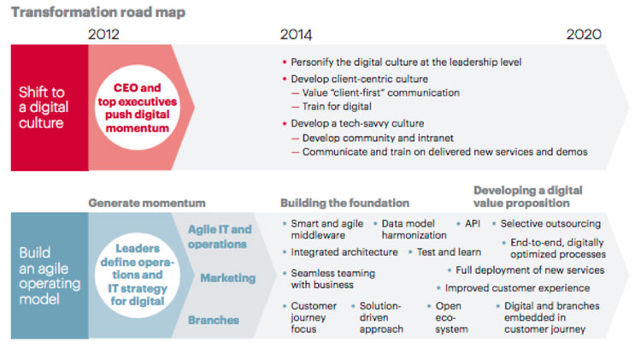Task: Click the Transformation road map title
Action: click(98, 12)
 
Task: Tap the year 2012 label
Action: click(103, 34)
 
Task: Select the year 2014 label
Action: click(296, 34)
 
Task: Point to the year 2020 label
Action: click(584, 34)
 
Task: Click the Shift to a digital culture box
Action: click(50, 108)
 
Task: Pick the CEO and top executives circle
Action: click(138, 108)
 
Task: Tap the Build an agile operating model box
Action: click(50, 275)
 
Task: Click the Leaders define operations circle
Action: click(138, 274)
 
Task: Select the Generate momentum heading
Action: click(147, 203)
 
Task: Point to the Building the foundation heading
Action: click(344, 203)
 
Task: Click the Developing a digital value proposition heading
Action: click(528, 197)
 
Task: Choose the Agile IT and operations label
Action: click(220, 237)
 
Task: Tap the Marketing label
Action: click(227, 278)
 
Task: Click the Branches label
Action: click(214, 320)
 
